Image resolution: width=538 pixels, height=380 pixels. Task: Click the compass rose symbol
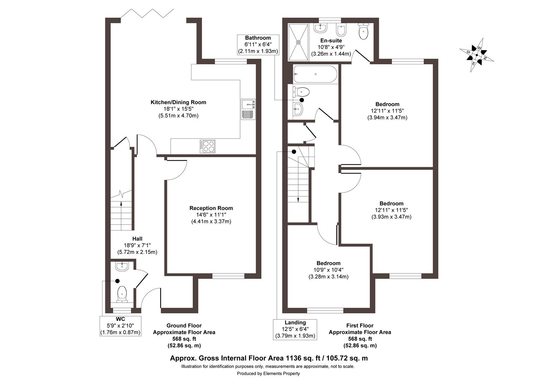(x=477, y=55)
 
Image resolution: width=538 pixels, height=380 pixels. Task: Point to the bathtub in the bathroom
(x=315, y=74)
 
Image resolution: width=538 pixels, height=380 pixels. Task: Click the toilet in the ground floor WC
(x=122, y=294)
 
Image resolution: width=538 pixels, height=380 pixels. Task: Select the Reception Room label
(x=211, y=208)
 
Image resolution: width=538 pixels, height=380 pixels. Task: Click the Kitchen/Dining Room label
(x=178, y=102)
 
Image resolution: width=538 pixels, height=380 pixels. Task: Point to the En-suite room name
(x=331, y=40)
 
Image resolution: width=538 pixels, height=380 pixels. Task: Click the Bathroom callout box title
(x=258, y=38)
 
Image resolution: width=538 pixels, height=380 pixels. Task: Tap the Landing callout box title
(x=295, y=322)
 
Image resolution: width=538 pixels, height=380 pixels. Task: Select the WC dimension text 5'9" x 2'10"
(x=120, y=326)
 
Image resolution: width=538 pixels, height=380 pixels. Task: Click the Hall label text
(x=137, y=239)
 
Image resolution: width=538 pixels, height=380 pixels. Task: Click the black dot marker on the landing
(x=293, y=152)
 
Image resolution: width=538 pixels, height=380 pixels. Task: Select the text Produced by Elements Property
(x=268, y=373)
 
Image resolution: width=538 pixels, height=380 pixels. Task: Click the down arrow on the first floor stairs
(x=298, y=199)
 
